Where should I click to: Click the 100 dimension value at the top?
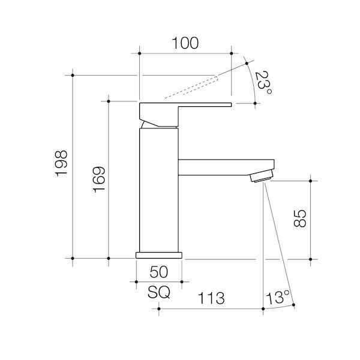(185, 43)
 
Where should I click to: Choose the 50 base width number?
(158, 272)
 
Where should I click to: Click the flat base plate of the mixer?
(159, 254)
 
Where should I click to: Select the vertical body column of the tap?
(159, 192)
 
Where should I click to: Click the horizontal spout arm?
(225, 167)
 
